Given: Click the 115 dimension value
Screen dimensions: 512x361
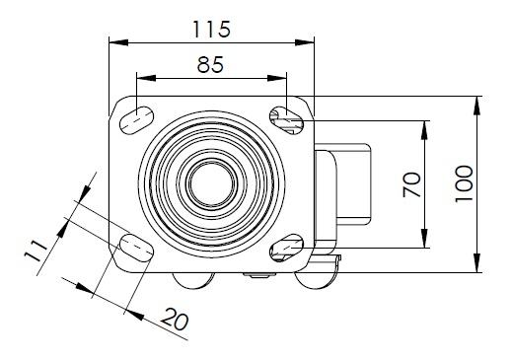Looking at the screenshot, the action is coord(211,29).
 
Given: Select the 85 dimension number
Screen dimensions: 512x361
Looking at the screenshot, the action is coord(210,64).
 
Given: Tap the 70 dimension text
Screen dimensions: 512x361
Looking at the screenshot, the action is coord(411,184).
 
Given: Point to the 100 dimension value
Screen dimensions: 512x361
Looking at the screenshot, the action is coord(464,183).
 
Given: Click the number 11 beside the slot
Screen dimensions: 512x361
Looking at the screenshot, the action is coord(36,251).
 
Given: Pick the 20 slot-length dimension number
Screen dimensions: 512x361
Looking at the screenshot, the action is coord(175,319).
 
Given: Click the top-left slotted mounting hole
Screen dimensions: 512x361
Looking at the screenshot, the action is coord(136,120).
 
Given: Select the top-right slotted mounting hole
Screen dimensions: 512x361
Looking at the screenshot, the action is coord(287,120).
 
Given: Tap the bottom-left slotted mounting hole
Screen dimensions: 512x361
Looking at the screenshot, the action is coord(136,248).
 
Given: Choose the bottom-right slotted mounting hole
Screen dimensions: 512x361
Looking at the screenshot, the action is coord(287,248).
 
